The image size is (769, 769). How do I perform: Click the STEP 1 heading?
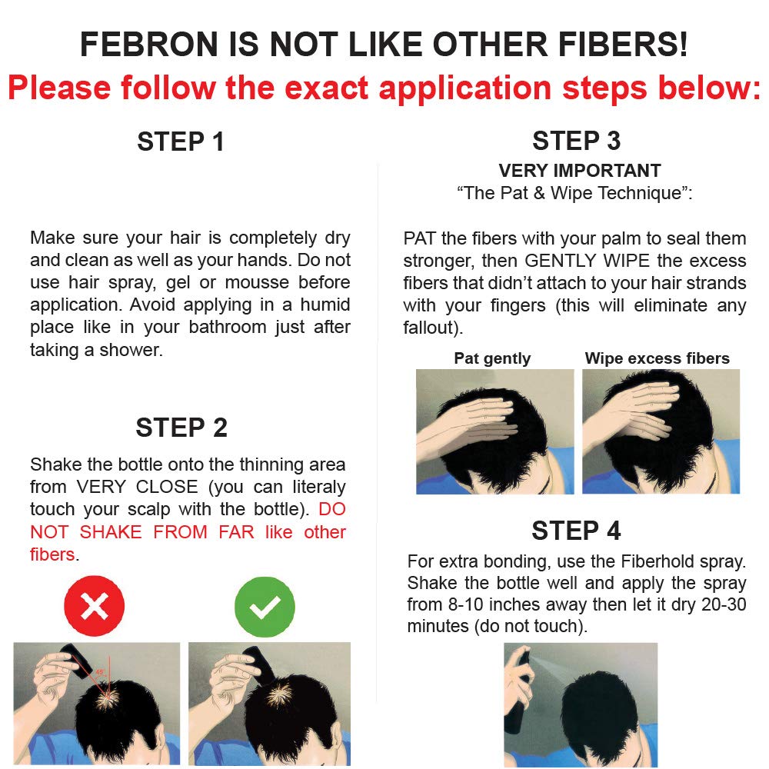point(181,142)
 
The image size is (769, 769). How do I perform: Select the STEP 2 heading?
point(181,428)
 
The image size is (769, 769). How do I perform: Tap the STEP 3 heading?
point(576,141)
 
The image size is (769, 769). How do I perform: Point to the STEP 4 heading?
point(576,531)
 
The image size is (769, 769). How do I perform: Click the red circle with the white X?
point(94,608)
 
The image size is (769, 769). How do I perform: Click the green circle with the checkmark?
point(265,608)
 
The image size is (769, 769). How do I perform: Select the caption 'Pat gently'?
point(492,358)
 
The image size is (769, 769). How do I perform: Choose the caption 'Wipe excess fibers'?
point(657,358)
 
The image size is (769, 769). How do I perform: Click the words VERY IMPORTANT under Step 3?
point(579,171)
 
